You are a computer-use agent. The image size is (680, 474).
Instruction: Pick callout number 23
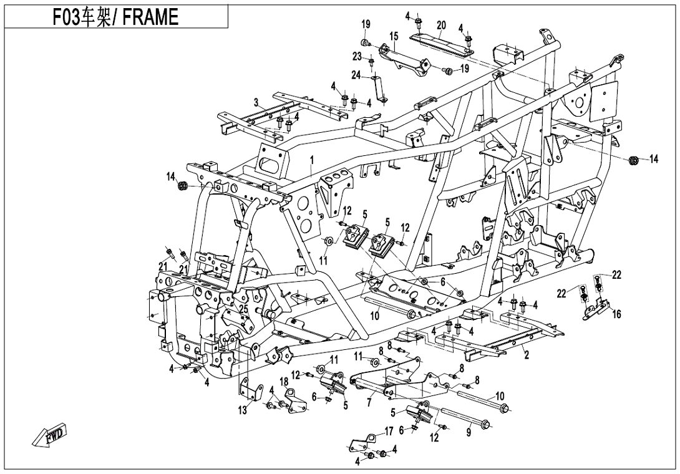pyautogui.click(x=357, y=56)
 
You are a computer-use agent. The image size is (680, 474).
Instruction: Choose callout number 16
pyautogui.click(x=616, y=314)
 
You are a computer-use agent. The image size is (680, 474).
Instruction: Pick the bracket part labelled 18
pyautogui.click(x=297, y=399)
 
